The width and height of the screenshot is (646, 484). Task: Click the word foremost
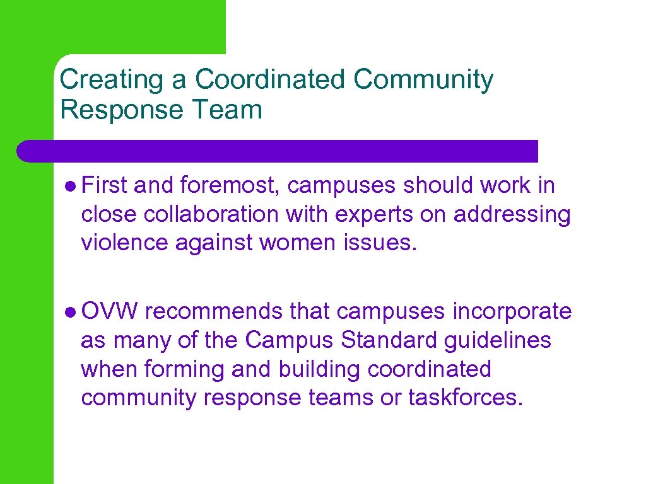click(x=232, y=186)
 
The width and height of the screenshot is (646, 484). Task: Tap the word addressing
click(x=512, y=214)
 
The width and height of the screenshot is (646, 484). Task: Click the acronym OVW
click(x=110, y=311)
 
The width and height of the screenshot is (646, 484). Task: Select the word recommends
click(x=218, y=311)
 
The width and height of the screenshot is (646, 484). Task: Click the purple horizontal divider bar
click(x=278, y=151)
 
